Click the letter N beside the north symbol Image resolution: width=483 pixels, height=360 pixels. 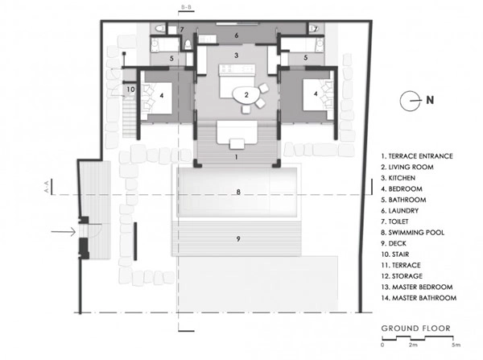click(x=430, y=100)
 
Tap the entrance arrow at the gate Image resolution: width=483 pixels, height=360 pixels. click(x=64, y=231)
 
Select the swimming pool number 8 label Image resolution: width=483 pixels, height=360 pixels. click(x=238, y=192)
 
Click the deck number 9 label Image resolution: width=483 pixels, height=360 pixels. click(x=238, y=239)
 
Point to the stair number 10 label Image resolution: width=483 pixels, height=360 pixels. click(x=131, y=89)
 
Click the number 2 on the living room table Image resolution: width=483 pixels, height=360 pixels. click(x=246, y=95)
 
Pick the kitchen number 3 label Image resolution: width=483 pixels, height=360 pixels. click(x=236, y=56)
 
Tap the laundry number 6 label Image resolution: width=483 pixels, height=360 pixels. click(x=236, y=35)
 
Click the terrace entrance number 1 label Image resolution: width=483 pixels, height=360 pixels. click(x=236, y=157)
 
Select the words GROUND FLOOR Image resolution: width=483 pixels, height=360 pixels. click(x=416, y=329)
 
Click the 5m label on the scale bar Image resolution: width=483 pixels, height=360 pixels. click(x=456, y=345)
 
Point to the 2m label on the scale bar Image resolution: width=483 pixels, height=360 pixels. click(x=413, y=345)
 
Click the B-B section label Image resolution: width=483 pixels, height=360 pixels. click(x=187, y=7)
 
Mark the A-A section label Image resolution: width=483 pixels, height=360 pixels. click(x=47, y=187)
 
